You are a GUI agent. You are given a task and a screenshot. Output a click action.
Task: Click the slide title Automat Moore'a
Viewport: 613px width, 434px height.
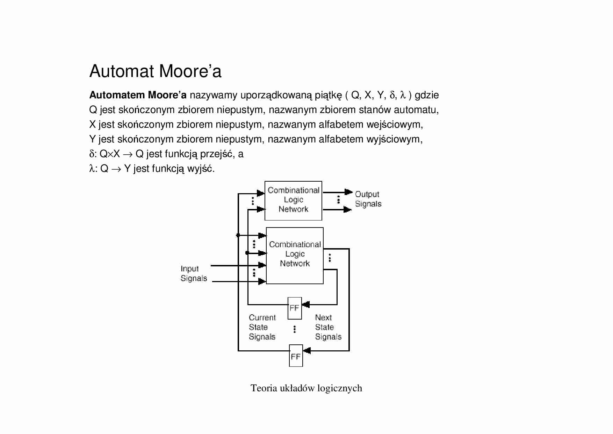[x=155, y=71]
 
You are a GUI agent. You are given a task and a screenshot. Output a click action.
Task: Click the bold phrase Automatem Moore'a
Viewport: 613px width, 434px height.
[x=138, y=95]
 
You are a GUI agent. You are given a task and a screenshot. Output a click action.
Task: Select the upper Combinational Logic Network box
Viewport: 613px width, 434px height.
[x=293, y=201]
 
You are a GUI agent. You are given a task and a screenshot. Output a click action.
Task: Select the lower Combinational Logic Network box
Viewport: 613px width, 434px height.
[x=295, y=255]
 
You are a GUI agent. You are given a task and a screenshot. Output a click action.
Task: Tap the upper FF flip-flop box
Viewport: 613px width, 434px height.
[x=295, y=308]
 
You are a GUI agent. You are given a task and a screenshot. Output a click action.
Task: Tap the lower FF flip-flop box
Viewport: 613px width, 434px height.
[x=296, y=356]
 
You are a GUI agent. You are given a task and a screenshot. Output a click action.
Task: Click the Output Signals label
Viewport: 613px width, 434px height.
[x=368, y=199]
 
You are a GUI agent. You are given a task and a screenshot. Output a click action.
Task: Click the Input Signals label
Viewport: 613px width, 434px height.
[x=194, y=273]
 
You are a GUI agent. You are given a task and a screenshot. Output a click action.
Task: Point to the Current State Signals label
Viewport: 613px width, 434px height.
[x=262, y=327]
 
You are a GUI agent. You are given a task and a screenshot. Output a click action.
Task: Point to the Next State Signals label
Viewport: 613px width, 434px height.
[x=328, y=327]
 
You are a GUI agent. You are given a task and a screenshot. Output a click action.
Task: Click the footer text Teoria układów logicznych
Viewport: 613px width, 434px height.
[x=306, y=388]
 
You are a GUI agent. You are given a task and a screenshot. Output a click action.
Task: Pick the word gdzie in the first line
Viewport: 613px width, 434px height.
[x=426, y=95]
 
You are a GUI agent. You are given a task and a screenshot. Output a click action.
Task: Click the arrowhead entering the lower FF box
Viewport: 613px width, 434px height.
[x=307, y=350]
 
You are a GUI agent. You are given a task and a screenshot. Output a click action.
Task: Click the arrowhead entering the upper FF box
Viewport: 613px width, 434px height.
[x=306, y=304]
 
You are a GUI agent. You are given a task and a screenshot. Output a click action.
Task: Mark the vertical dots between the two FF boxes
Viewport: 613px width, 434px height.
[x=295, y=329]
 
